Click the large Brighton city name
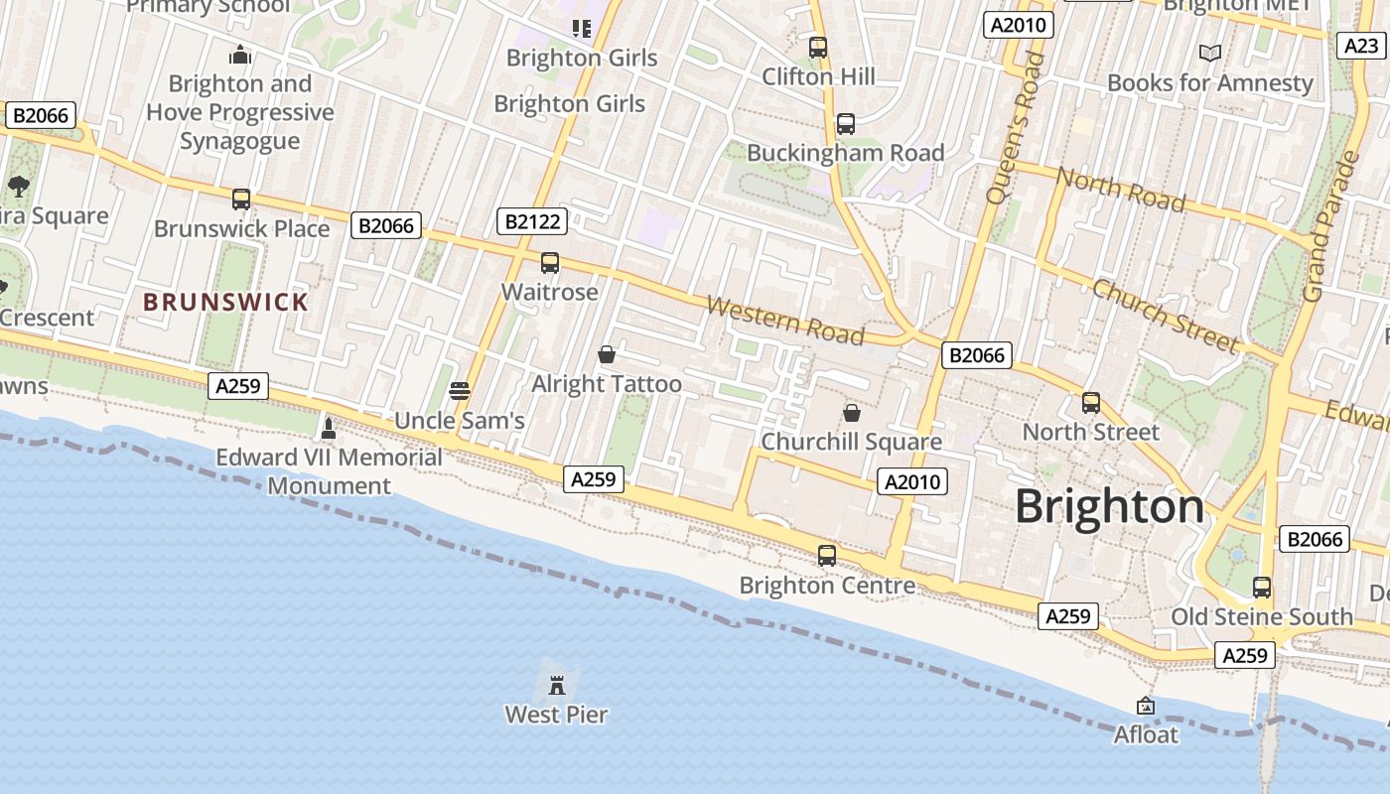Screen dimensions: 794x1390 point(1109,506)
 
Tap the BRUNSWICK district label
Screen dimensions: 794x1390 point(225,302)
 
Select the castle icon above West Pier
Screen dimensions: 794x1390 point(557,684)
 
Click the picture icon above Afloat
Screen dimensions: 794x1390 point(1146,706)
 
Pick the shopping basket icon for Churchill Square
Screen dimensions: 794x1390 point(851,413)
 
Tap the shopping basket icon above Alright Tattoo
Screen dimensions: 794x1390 point(607,354)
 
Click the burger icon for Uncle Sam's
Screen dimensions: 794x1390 point(459,391)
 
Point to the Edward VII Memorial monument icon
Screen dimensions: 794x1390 point(329,429)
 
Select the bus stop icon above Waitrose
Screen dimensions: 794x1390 point(550,263)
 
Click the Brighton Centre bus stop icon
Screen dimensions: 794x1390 point(827,556)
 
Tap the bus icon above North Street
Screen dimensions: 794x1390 point(1091,403)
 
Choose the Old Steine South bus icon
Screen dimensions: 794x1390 point(1262,588)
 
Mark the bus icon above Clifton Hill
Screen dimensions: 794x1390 point(818,48)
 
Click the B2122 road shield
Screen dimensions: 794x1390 point(531,221)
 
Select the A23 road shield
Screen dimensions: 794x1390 point(1360,46)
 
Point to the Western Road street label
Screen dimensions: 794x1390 point(784,320)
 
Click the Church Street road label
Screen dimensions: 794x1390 point(1166,316)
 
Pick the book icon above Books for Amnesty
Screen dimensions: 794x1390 point(1209,54)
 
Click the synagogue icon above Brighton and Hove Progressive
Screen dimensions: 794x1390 point(240,55)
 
